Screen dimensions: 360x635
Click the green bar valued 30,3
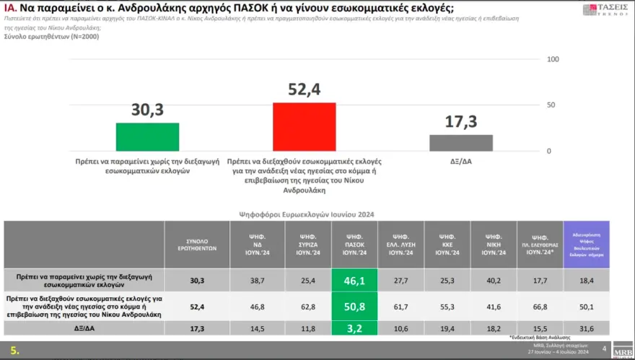pos(147,136)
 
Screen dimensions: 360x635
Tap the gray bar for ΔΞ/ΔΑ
pos(461,142)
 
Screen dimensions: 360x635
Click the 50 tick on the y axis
pos(552,105)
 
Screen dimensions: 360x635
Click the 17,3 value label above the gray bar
pos(461,122)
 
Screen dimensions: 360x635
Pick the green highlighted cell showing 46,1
pos(354,280)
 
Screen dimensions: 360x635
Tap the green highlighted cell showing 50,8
pos(354,306)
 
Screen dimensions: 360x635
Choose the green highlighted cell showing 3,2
pos(354,328)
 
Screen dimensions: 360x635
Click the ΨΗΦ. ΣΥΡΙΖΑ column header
pos(308,245)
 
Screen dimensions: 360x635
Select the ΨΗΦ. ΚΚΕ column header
pos(447,245)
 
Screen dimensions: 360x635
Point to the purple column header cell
pos(587,245)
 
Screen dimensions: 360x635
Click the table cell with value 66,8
pos(539,306)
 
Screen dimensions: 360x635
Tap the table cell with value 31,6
pos(587,329)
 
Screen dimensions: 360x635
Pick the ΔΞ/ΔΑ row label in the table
pos(84,328)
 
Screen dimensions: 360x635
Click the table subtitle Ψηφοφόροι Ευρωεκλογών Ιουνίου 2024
pos(306,214)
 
